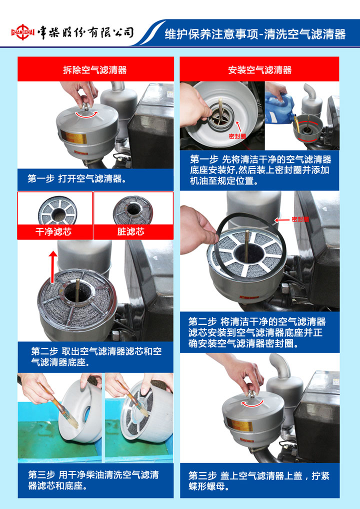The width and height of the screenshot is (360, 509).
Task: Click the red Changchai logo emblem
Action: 22,32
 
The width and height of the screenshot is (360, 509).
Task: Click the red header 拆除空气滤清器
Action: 95,70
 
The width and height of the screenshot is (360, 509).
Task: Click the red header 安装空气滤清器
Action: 259,70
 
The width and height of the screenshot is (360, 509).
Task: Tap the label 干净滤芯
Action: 53,232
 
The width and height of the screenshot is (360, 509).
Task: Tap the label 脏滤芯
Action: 131,232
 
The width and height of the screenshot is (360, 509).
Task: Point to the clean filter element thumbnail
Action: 57,210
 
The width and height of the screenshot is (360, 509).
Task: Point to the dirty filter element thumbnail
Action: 133,210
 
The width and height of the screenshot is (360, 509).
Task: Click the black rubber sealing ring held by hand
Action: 250,245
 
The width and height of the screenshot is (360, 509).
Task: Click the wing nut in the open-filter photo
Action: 86,106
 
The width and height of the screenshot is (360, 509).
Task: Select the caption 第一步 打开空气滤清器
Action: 77,179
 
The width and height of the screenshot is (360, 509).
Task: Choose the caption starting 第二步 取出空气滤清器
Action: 96,357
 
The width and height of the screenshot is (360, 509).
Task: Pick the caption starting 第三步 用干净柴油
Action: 93,480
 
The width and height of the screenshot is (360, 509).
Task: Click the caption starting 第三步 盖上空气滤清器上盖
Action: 259,481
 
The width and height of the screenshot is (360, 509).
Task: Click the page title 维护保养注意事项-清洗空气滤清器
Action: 255,34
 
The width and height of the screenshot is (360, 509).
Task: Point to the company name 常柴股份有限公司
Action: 85,32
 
